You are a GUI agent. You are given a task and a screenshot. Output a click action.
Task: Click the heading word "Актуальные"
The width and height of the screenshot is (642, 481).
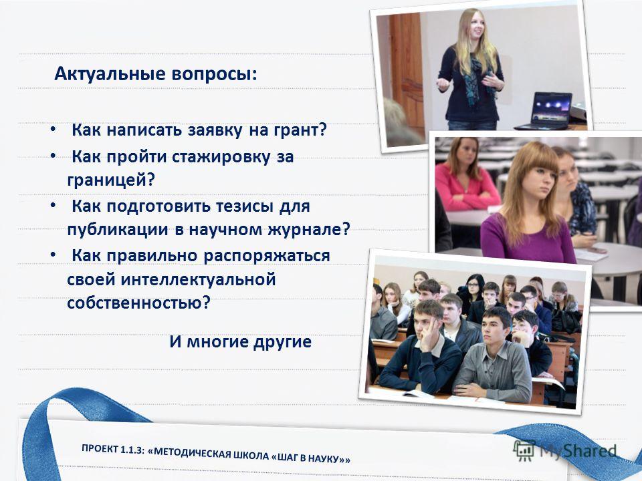pos(110,74)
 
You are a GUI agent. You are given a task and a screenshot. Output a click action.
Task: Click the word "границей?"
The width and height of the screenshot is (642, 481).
pos(110,180)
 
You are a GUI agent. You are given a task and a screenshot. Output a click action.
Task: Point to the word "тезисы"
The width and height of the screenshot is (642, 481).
pos(245,206)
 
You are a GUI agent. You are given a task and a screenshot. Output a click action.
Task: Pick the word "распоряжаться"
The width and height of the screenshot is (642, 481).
pos(267,257)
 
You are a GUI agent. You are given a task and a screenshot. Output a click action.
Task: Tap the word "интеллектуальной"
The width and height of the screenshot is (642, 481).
pos(198,280)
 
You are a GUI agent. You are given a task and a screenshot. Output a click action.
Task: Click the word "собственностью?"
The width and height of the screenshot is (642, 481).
pos(138,303)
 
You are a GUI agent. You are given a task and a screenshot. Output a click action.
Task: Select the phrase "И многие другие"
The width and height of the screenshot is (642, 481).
pos(240,342)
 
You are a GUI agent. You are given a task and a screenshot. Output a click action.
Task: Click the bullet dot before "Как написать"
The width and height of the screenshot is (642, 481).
pos(53,130)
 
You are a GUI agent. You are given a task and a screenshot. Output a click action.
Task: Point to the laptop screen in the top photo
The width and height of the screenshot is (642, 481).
pos(552,107)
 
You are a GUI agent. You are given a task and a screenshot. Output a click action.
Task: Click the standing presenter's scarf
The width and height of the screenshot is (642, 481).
pos(477,79)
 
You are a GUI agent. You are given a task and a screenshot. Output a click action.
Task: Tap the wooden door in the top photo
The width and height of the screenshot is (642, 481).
pos(406,73)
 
